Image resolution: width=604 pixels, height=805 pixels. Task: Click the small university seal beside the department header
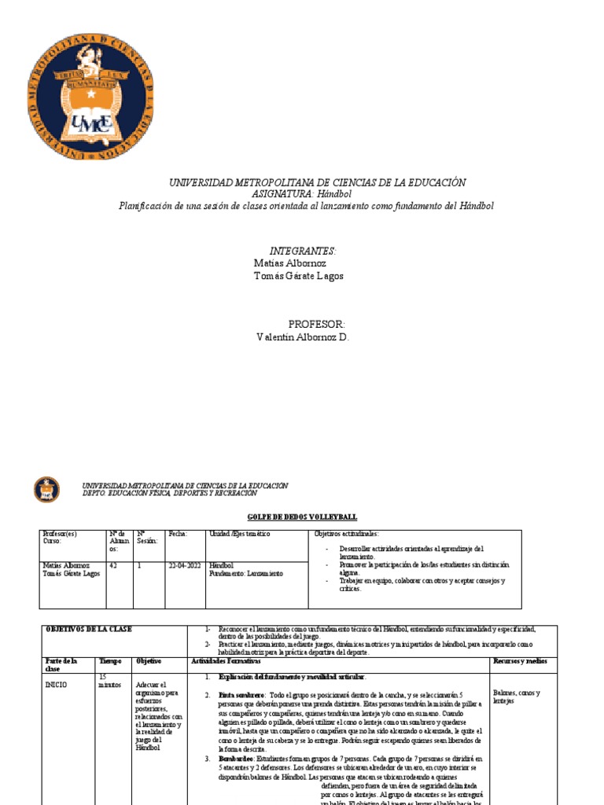[x=46, y=490]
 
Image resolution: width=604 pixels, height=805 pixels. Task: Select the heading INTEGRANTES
[x=302, y=251]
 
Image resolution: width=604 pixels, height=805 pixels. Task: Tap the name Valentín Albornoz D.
[x=303, y=337]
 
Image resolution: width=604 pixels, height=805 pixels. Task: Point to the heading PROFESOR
[x=316, y=324]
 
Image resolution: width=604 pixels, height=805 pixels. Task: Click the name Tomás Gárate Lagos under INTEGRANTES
[x=299, y=276]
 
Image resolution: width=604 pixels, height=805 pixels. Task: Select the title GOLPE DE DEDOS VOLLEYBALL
[x=302, y=516]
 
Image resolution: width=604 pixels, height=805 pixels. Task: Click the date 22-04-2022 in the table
[x=184, y=565]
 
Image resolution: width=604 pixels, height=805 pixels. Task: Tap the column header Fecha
[x=178, y=535]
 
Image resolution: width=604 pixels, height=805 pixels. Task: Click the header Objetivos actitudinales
[x=346, y=535]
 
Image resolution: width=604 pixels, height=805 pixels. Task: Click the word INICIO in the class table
[x=57, y=685]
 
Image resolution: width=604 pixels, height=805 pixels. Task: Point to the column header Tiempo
[x=110, y=662]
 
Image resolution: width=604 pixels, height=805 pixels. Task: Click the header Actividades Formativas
[x=227, y=662]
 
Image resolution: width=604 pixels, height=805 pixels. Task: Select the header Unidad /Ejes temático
[x=239, y=535]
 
